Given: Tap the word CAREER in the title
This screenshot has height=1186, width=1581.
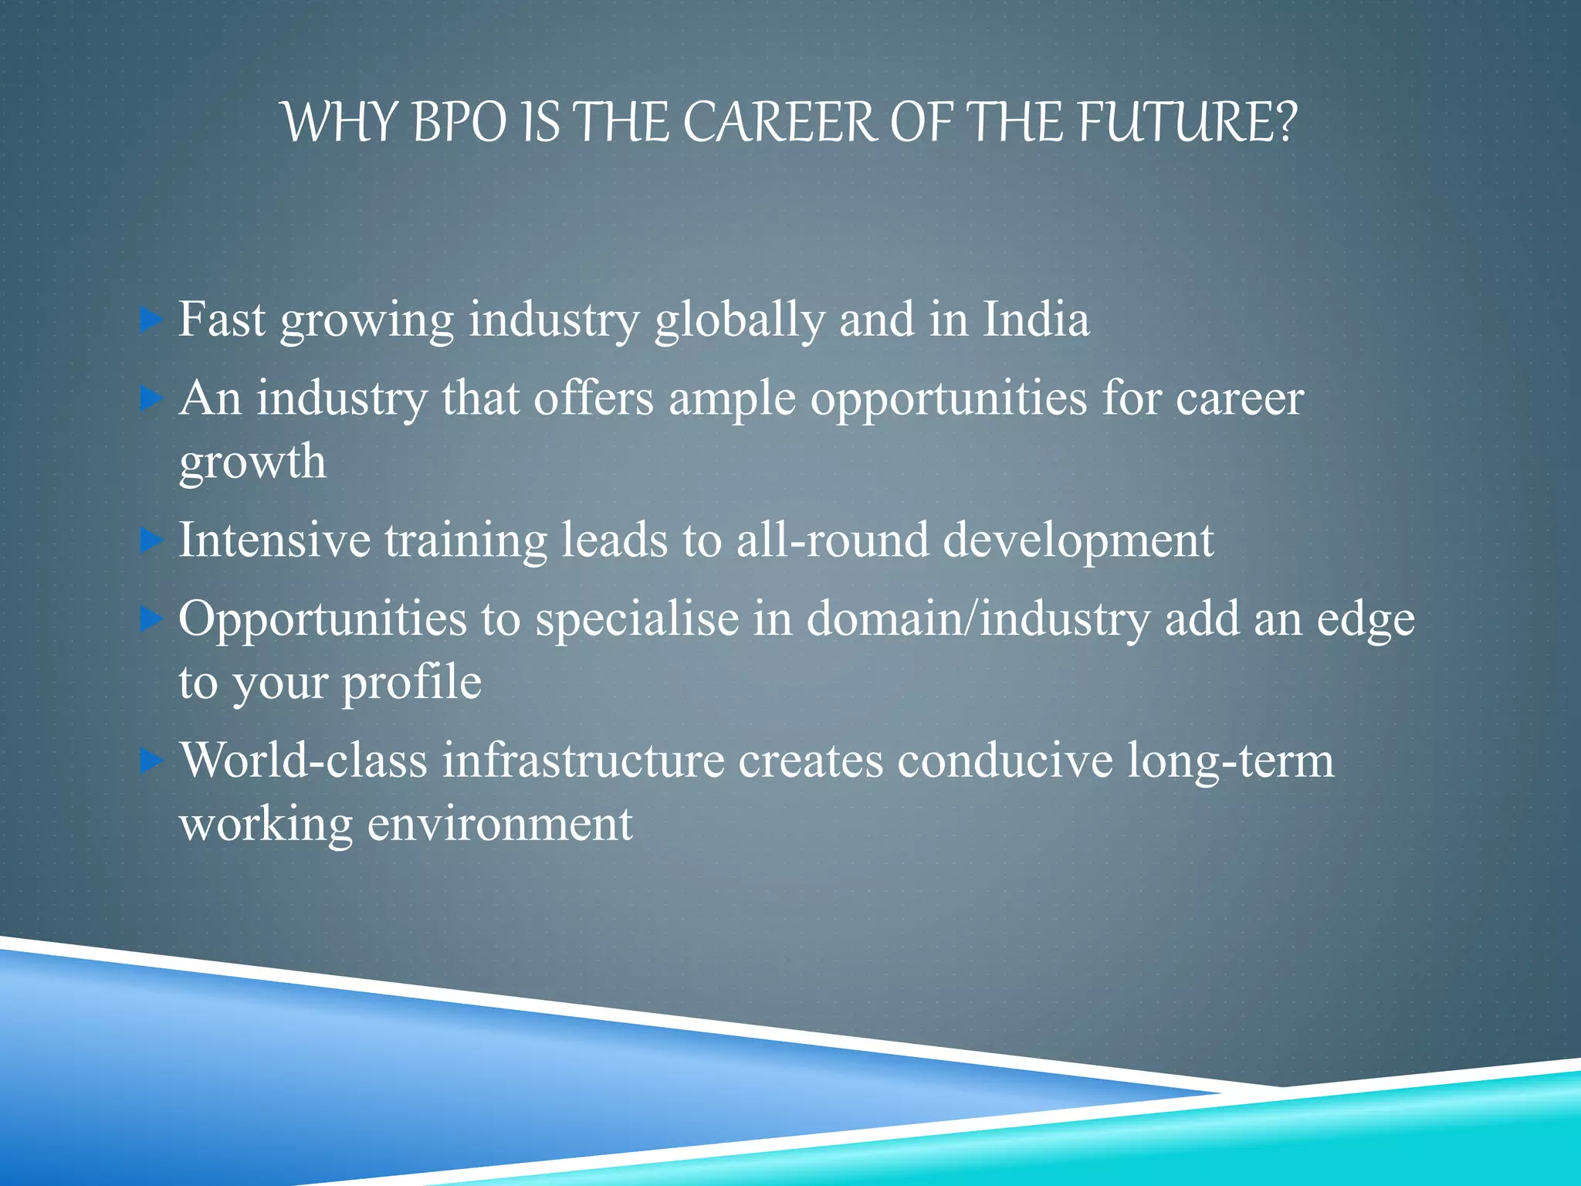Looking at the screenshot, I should pyautogui.click(x=780, y=123).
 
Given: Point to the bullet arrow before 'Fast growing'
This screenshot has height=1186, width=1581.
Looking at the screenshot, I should pyautogui.click(x=151, y=320).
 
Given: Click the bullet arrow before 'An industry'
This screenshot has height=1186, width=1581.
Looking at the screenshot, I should pyautogui.click(x=151, y=399).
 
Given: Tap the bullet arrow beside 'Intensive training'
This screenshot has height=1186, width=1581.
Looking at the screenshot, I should pyautogui.click(x=151, y=540).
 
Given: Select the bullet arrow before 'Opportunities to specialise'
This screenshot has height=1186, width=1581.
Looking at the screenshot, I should pyautogui.click(x=151, y=619).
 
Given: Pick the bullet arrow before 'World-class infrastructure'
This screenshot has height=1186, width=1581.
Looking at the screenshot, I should pyautogui.click(x=151, y=761).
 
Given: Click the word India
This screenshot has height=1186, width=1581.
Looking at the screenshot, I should pyautogui.click(x=1036, y=320).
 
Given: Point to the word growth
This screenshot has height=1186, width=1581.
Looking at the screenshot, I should pyautogui.click(x=252, y=463).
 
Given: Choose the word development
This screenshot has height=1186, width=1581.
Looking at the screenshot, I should pyautogui.click(x=1078, y=542).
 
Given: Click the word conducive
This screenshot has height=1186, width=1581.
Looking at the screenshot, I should pyautogui.click(x=1005, y=761).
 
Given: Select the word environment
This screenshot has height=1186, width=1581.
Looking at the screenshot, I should pyautogui.click(x=499, y=824).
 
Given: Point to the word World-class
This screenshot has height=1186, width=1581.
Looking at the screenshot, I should pyautogui.click(x=303, y=761).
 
